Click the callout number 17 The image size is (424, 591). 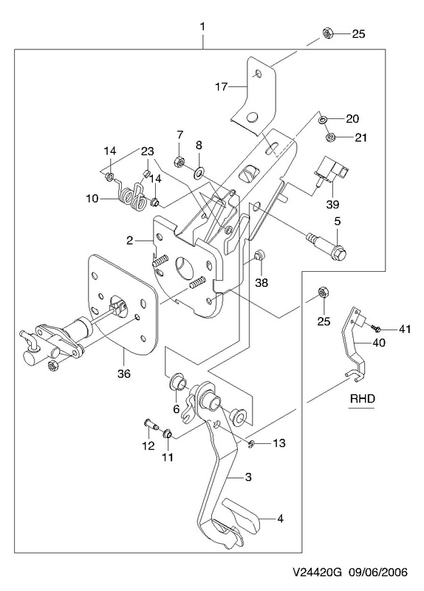click(x=222, y=87)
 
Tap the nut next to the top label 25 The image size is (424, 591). click(x=327, y=33)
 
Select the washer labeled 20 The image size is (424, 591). click(x=323, y=120)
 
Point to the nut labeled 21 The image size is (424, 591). click(x=331, y=136)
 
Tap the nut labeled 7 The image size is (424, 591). click(x=179, y=162)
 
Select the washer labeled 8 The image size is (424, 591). click(x=198, y=173)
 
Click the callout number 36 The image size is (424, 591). click(x=124, y=374)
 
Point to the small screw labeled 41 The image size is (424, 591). click(x=376, y=328)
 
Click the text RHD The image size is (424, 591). click(x=363, y=398)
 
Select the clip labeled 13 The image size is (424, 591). click(x=251, y=446)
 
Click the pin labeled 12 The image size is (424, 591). click(x=151, y=425)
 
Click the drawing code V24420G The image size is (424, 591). click(x=318, y=573)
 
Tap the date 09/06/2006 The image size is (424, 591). click(x=378, y=573)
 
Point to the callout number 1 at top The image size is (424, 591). click(x=202, y=27)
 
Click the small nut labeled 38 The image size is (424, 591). click(x=259, y=256)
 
